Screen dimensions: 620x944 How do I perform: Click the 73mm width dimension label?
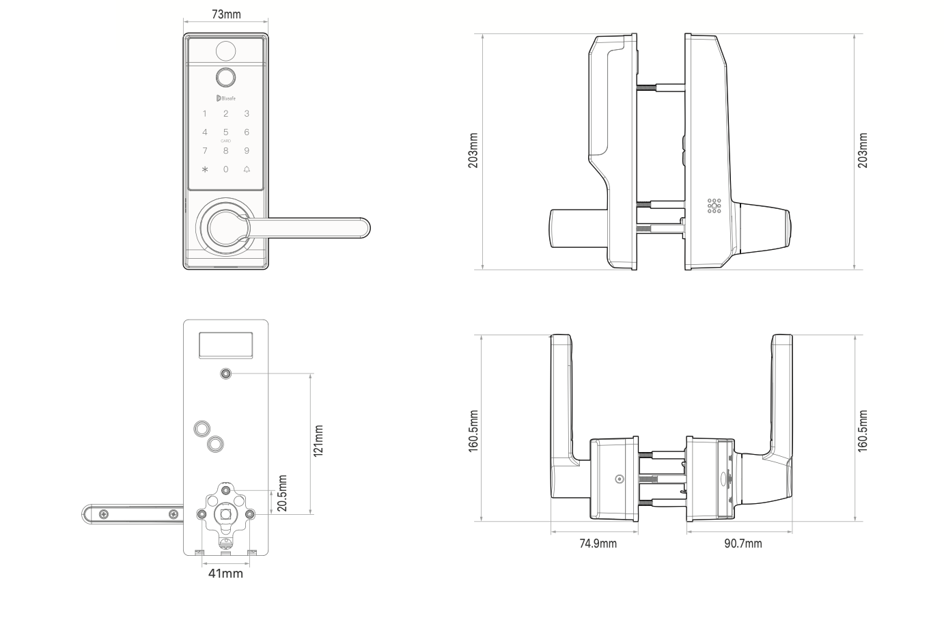(x=226, y=14)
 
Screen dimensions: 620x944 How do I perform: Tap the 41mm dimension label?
(x=225, y=574)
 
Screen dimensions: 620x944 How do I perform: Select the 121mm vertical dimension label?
(x=318, y=442)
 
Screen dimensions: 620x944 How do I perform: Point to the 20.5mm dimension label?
(x=283, y=493)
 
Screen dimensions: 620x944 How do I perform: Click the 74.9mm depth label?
(x=598, y=544)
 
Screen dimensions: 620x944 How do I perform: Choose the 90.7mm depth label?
(x=743, y=544)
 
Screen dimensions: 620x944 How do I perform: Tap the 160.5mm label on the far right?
(x=863, y=430)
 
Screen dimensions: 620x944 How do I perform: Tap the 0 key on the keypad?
(x=226, y=169)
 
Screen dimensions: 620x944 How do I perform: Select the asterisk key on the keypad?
(x=205, y=169)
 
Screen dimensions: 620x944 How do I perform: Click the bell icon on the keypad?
(x=247, y=169)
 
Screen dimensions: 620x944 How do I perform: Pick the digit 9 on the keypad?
(x=247, y=151)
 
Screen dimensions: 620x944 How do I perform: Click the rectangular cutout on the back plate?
(x=225, y=345)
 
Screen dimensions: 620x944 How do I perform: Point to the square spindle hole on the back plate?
(x=225, y=514)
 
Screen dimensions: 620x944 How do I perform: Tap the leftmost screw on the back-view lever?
(x=104, y=513)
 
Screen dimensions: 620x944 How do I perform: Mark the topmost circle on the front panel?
(x=225, y=51)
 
